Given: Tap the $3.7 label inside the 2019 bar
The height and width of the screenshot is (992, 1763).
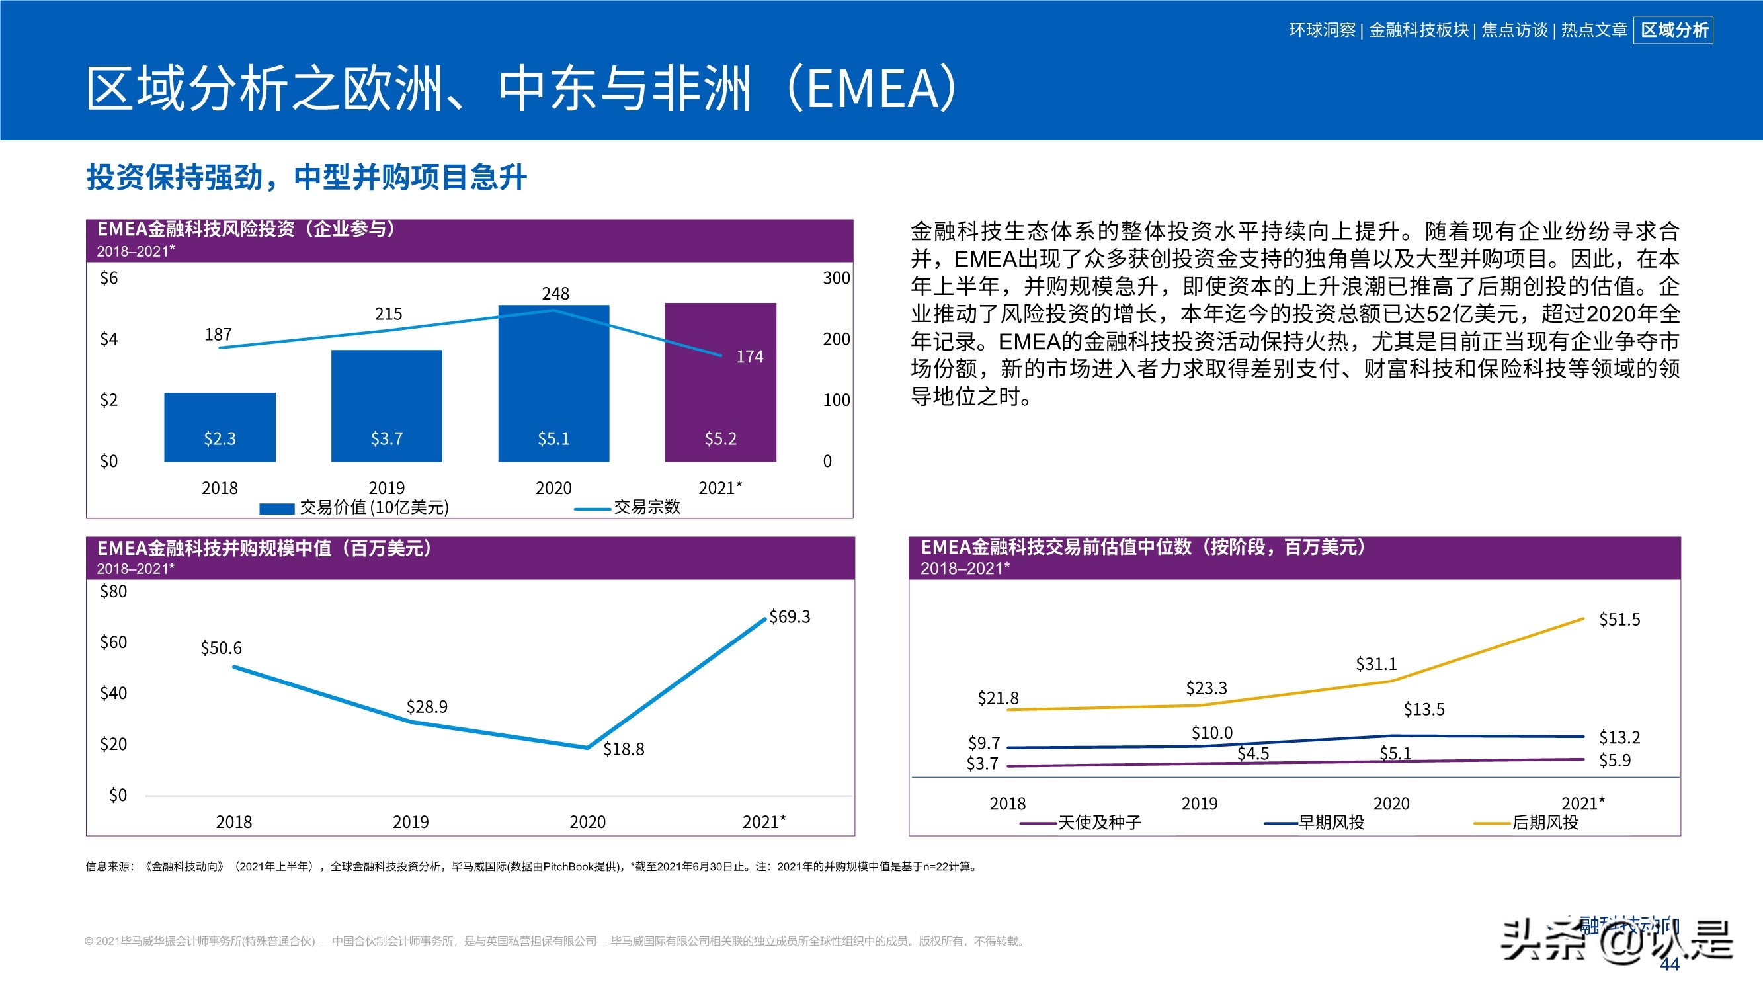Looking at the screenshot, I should (387, 439).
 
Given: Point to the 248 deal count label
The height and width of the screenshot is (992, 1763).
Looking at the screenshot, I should (555, 294).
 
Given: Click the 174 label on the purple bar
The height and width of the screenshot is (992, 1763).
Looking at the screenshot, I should (749, 356).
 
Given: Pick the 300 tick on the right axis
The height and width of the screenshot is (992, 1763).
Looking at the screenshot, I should (836, 278).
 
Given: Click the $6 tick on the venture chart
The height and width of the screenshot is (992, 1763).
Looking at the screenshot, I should (109, 278).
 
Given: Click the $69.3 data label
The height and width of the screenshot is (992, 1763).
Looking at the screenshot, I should (789, 617).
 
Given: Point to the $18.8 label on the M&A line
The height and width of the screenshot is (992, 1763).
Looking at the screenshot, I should (623, 749).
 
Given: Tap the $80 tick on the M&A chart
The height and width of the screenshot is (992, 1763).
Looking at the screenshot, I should (114, 591).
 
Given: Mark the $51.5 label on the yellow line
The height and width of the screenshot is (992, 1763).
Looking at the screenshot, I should (1619, 620).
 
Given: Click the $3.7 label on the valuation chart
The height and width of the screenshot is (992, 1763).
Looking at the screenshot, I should (982, 763).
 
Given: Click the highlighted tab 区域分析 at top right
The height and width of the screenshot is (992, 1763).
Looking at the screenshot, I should (1673, 30).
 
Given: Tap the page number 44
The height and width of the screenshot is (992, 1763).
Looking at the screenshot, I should (1669, 964).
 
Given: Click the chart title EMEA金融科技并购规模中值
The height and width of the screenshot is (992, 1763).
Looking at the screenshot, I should (264, 548).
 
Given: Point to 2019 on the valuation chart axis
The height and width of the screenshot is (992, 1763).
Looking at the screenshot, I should (1199, 804).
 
